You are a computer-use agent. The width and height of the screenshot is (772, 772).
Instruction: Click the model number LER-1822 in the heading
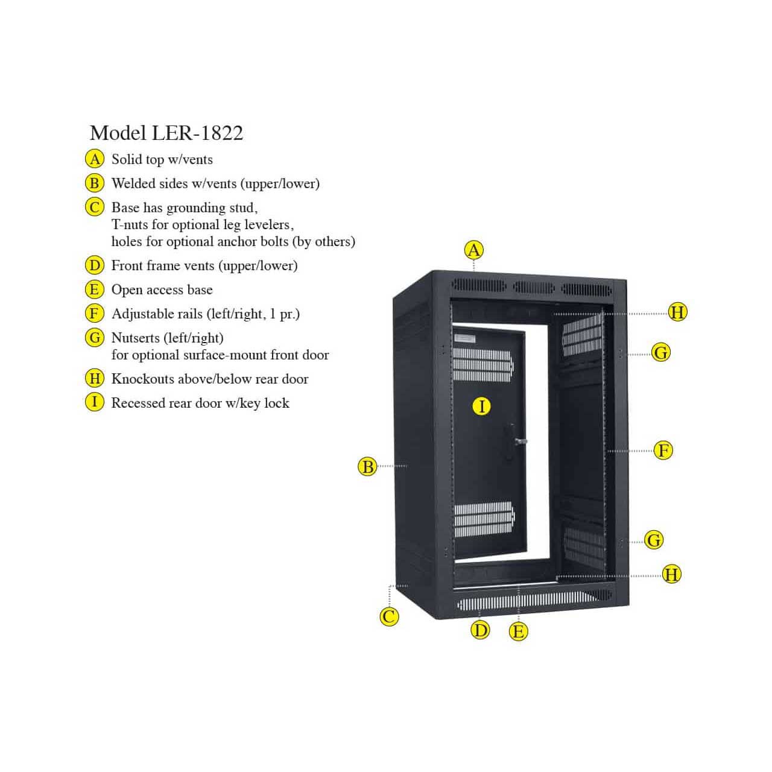click(x=197, y=133)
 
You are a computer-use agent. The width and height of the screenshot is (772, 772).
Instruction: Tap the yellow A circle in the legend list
click(x=95, y=159)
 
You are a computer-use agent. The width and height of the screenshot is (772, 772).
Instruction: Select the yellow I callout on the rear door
click(x=481, y=407)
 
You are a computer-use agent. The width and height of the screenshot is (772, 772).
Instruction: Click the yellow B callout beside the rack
click(x=367, y=467)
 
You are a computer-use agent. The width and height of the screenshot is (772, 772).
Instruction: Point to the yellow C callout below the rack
click(x=389, y=616)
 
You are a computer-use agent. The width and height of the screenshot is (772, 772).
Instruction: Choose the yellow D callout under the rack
click(x=480, y=630)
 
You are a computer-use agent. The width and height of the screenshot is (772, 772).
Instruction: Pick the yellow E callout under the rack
click(x=519, y=632)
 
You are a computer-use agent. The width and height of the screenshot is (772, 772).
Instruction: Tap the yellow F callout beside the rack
click(x=663, y=451)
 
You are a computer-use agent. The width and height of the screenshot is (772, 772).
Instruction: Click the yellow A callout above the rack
click(x=474, y=250)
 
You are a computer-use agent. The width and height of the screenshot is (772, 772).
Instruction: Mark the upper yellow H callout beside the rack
click(x=677, y=312)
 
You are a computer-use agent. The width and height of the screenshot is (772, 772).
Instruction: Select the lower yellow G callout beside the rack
click(x=654, y=540)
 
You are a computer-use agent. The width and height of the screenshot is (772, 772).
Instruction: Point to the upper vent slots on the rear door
click(x=483, y=364)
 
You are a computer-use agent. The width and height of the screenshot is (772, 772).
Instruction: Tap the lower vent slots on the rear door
click(x=484, y=519)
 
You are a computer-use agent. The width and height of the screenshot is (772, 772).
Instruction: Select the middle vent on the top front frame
click(x=534, y=287)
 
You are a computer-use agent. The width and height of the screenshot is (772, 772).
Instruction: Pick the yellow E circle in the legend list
click(x=95, y=289)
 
